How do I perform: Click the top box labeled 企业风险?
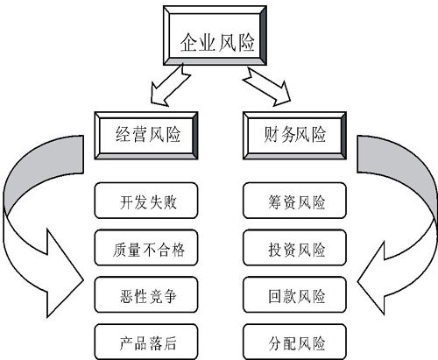click(x=217, y=39)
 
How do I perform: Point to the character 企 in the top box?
click(x=188, y=40)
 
